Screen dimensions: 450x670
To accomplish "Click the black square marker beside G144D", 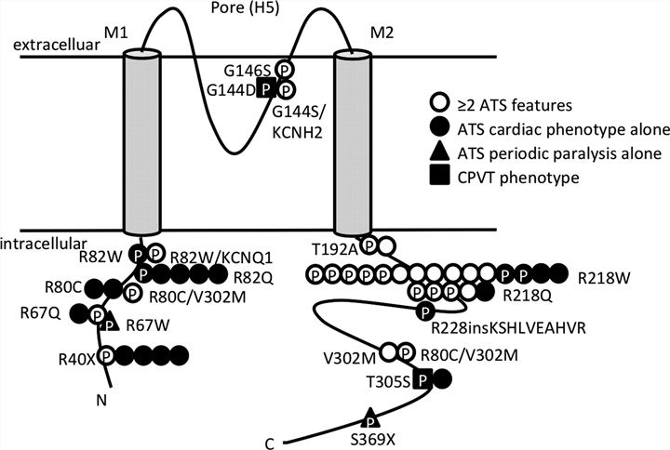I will point(267,88).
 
